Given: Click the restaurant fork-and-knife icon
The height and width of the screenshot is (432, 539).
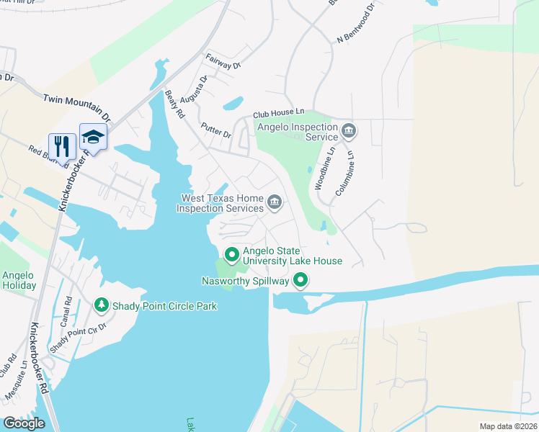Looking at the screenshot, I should pos(62,146).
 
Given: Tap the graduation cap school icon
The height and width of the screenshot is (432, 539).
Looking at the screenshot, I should pos(93,137).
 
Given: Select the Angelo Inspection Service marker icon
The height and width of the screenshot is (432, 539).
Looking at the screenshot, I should pos(349,130).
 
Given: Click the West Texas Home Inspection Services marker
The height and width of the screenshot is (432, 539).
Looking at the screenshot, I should pos(275,202).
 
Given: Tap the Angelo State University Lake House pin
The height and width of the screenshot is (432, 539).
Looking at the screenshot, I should pos(232,255).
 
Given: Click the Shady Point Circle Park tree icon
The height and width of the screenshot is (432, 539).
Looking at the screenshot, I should pos(102,306).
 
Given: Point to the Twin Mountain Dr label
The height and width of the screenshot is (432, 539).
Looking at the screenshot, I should pos(77,107).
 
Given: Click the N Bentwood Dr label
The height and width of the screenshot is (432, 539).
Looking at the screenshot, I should pos(352,29).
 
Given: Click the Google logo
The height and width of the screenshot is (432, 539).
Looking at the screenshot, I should pos(24,423).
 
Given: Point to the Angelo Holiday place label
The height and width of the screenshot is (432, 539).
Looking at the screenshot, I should pos(19,280).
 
